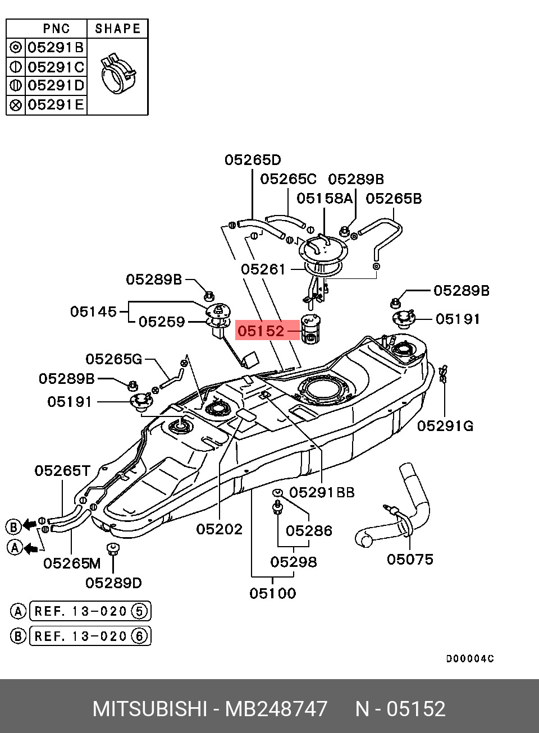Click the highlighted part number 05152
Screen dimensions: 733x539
(261, 331)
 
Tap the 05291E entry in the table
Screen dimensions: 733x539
(56, 104)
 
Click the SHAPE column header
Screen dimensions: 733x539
(117, 29)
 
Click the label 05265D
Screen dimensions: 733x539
(252, 160)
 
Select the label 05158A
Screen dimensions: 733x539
(324, 198)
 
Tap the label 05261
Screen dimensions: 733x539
(263, 269)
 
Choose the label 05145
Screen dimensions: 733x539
(93, 311)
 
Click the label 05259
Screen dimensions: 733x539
(162, 322)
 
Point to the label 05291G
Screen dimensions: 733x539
(445, 427)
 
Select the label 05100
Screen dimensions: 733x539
(272, 593)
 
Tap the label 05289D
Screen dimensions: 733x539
(113, 583)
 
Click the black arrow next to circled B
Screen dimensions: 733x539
(29, 526)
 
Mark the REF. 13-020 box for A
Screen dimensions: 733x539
(90, 611)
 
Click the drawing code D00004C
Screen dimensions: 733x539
(470, 659)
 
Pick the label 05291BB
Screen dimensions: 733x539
(322, 492)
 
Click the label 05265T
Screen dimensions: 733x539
(62, 470)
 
